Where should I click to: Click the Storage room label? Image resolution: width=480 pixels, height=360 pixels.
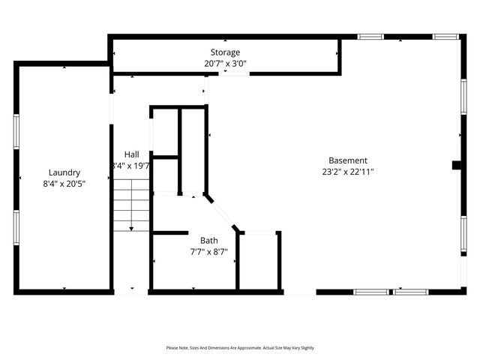(x=225, y=52)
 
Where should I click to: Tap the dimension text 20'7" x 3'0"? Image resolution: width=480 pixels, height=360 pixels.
(x=225, y=63)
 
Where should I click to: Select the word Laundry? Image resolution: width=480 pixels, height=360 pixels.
(x=64, y=172)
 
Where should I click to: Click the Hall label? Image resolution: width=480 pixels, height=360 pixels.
(x=131, y=154)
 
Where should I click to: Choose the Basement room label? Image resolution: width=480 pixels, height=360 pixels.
(x=348, y=160)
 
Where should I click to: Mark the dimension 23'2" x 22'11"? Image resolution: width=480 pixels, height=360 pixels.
(x=348, y=172)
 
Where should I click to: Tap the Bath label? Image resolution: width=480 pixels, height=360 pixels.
(x=209, y=241)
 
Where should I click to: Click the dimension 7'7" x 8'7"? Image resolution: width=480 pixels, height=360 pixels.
(x=209, y=252)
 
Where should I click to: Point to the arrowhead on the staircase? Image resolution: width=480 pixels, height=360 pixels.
(x=132, y=227)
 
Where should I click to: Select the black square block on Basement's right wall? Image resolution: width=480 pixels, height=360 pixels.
(x=456, y=166)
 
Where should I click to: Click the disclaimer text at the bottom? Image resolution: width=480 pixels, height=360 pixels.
(x=240, y=348)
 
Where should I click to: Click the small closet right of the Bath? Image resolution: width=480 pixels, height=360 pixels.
(x=260, y=260)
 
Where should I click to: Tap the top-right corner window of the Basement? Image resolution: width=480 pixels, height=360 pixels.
(x=445, y=36)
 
